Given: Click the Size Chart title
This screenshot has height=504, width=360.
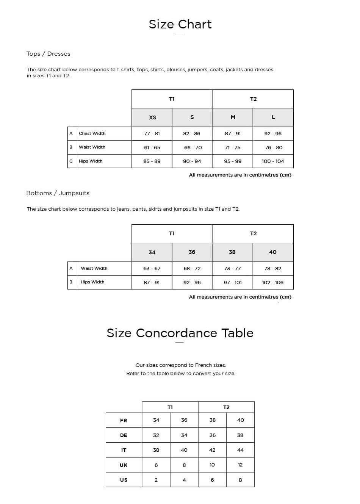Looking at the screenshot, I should tap(180, 24).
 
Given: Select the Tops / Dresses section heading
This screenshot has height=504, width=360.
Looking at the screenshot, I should tap(48, 54).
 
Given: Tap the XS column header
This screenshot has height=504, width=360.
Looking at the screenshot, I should tap(152, 117).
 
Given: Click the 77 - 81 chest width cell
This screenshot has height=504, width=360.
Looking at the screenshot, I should tap(152, 134).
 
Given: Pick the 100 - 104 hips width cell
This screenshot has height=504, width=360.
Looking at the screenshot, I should tap(273, 161).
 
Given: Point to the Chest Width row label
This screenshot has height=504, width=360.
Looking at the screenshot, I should tap(92, 134).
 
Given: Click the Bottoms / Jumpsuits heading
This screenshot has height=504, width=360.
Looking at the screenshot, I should tap(58, 193).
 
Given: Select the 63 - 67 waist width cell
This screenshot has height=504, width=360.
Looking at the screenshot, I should tap(152, 269).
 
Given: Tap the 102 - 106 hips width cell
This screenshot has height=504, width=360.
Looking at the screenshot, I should tap(273, 283).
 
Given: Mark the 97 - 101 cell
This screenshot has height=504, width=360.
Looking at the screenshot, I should tap(233, 283).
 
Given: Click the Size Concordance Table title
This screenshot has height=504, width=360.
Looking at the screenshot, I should tap(180, 333).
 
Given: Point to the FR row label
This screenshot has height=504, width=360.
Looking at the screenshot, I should tap(124, 421).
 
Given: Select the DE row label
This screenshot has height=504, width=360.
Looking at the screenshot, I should tap(124, 435).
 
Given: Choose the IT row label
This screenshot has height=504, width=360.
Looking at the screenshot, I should tap(124, 450).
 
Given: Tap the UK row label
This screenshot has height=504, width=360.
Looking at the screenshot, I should tap(124, 465).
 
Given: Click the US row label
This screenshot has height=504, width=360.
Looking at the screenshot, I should tap(124, 480).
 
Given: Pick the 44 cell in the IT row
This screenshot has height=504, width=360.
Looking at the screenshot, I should tap(240, 450).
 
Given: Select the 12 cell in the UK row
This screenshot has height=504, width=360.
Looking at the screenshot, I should tap(240, 465).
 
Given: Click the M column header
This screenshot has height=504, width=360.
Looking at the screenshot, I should tap(233, 117).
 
